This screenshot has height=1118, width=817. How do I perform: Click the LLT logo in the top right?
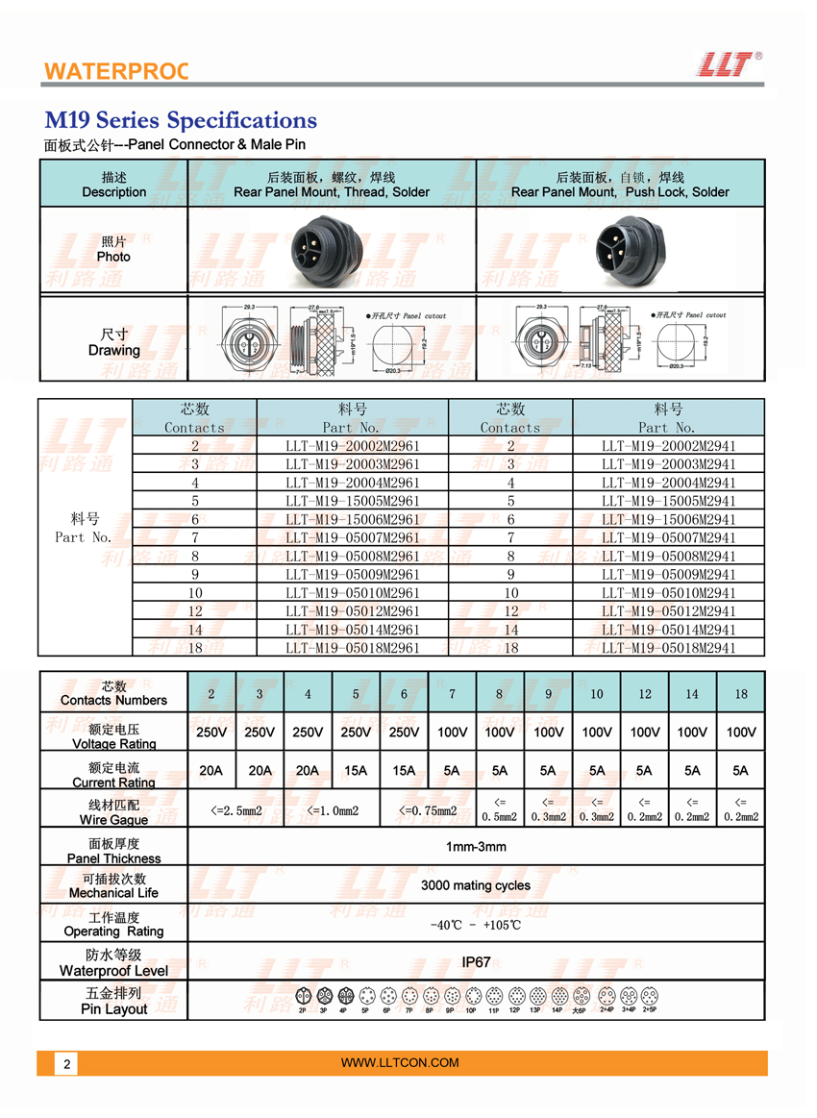tap(727, 63)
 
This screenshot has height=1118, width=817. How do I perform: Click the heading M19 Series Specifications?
tap(181, 120)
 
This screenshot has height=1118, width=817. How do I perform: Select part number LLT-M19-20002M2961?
tap(353, 446)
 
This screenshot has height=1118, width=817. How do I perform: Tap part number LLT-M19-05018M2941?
tap(669, 648)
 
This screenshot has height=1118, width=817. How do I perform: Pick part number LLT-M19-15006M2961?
tap(353, 519)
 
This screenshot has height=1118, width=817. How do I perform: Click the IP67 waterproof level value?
tap(476, 961)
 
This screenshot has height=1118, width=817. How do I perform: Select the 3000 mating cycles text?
tap(476, 885)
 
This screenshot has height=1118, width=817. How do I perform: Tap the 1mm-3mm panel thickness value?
tap(476, 847)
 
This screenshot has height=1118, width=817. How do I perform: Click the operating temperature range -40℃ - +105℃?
tap(476, 925)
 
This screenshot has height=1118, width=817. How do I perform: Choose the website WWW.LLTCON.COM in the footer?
tap(400, 1062)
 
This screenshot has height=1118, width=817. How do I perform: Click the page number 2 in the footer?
tap(66, 1064)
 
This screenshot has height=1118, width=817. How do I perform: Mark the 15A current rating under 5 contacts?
tap(356, 770)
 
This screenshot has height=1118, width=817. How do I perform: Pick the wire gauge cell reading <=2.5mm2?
tap(236, 810)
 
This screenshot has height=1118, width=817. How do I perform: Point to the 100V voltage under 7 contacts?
tap(452, 732)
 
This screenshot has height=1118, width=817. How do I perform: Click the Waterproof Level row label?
tap(113, 971)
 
